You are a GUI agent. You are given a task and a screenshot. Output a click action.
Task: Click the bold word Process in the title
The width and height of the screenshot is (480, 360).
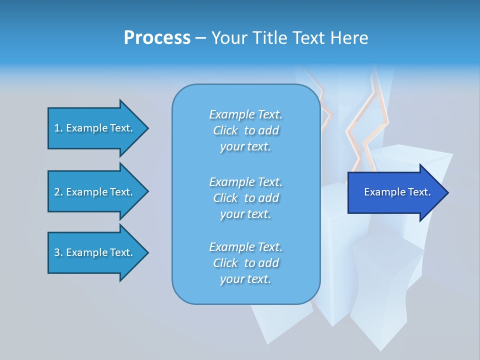(x=157, y=38)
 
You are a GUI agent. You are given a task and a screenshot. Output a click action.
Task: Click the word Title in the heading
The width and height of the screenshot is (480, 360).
(x=269, y=38)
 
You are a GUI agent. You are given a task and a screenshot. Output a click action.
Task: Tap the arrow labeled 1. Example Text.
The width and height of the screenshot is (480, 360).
(x=93, y=128)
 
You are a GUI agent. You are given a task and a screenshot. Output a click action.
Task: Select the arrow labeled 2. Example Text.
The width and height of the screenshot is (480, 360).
(x=93, y=192)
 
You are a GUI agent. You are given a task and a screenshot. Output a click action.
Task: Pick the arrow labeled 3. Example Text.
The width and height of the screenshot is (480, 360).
(x=93, y=252)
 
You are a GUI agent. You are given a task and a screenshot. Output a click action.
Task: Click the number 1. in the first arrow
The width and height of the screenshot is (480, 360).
(x=58, y=128)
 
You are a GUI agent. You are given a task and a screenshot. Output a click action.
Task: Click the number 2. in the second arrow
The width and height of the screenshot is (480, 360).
(x=58, y=192)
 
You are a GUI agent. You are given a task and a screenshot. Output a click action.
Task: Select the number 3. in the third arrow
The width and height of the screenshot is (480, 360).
(x=58, y=252)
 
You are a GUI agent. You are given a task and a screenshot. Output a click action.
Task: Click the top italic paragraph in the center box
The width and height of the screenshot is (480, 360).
(x=245, y=130)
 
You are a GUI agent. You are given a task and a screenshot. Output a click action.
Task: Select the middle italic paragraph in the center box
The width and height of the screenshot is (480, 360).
(x=245, y=198)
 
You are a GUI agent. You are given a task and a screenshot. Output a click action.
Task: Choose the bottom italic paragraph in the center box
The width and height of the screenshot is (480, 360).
(x=245, y=263)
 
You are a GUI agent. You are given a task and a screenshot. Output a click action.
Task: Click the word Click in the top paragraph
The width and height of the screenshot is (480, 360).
(x=225, y=130)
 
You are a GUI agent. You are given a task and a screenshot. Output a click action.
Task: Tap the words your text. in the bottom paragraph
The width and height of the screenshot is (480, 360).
(x=245, y=279)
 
